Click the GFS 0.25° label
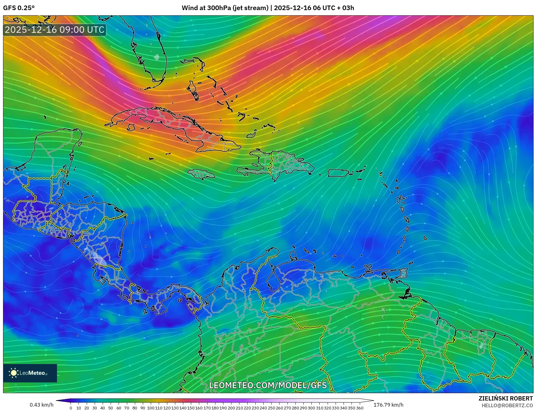click(x=19, y=8)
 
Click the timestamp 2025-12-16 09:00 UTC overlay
click(x=55, y=30)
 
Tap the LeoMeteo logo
click(x=30, y=373)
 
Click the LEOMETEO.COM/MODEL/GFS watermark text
click(x=268, y=385)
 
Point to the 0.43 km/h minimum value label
click(x=41, y=405)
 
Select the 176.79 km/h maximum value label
click(x=388, y=405)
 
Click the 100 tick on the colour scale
click(x=150, y=408)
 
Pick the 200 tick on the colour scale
click(x=231, y=408)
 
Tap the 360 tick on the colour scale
click(x=360, y=408)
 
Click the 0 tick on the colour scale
click(x=71, y=408)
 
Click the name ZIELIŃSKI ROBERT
click(x=506, y=398)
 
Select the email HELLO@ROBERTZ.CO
click(x=507, y=405)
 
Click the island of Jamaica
click(x=201, y=174)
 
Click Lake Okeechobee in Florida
click(x=157, y=57)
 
